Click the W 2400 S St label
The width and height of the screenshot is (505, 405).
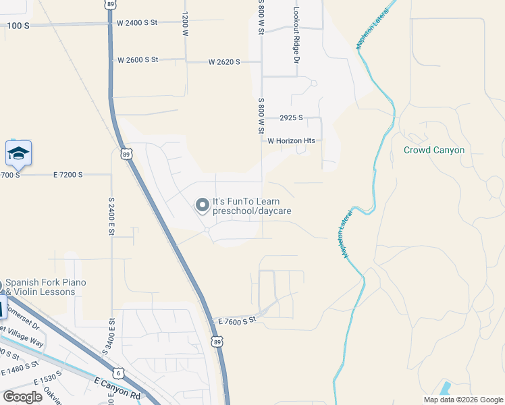tap(137, 22)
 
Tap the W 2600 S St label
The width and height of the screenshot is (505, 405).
tap(138, 60)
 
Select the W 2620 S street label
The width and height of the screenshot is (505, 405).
tap(224, 62)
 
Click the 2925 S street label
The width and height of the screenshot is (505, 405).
tap(292, 117)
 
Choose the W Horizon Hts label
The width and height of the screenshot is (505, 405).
tap(291, 141)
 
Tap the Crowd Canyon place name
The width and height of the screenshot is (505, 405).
tap(433, 150)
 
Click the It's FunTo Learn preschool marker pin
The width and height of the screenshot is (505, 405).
tap(202, 205)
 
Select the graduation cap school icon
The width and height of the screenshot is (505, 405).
tap(19, 154)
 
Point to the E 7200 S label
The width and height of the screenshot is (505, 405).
tap(68, 175)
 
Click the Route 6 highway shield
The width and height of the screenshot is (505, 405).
tap(119, 373)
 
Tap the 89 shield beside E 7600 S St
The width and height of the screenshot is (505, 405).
tap(217, 343)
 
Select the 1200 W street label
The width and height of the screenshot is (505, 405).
tap(184, 22)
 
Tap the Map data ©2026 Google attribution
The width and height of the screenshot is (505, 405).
tap(463, 400)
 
